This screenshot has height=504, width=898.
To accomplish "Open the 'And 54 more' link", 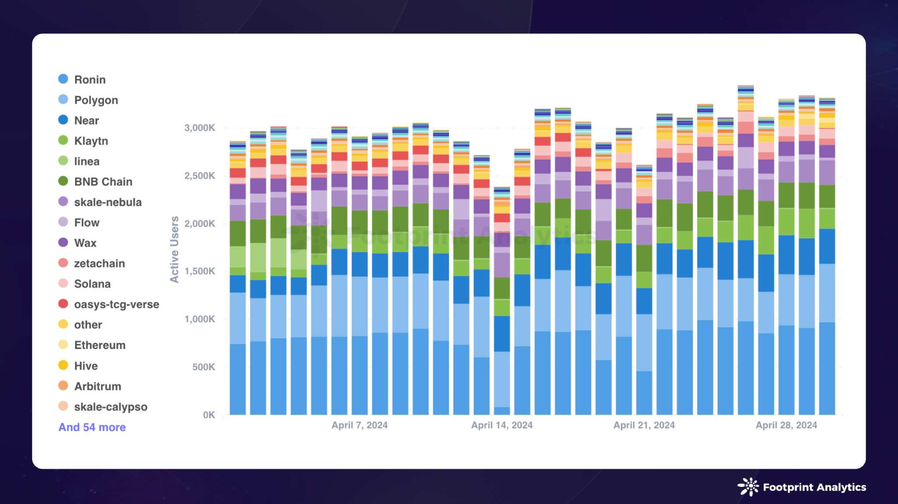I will (x=92, y=427).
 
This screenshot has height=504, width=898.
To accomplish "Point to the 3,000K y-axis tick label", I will (x=200, y=128).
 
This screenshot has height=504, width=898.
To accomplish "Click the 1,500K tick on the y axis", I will (x=200, y=271).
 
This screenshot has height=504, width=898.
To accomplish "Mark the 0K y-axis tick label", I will (x=209, y=415).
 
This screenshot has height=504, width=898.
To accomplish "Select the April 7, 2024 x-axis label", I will (x=360, y=425).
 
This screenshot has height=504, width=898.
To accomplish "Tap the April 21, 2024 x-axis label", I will (x=644, y=425).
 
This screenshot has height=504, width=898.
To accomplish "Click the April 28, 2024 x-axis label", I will (x=786, y=425).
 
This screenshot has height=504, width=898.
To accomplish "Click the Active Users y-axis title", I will (x=175, y=250).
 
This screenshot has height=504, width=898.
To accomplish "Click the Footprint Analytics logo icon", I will (x=748, y=487).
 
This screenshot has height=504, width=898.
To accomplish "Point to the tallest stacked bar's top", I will (x=745, y=86).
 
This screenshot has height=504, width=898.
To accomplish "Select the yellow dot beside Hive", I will (x=63, y=365).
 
